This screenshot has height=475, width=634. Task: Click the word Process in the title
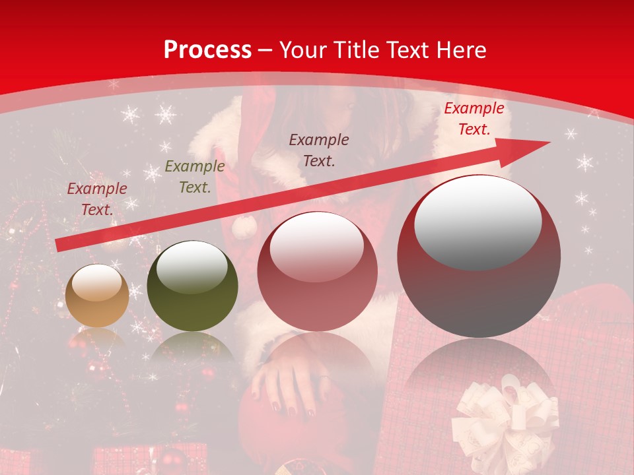[x=207, y=50]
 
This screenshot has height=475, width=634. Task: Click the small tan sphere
[x=97, y=296]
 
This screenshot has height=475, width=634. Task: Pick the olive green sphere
[x=192, y=286]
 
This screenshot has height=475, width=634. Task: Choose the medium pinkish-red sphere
[x=317, y=271]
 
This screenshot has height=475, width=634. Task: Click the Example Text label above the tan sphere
[x=97, y=199]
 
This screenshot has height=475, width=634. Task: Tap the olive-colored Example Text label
[x=195, y=177]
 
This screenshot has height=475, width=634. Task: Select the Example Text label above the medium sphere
[x=319, y=150]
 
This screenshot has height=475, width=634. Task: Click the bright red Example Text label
[x=474, y=119]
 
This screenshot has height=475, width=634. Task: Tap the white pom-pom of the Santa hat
[x=244, y=228]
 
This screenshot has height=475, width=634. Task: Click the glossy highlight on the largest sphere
[x=477, y=223]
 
